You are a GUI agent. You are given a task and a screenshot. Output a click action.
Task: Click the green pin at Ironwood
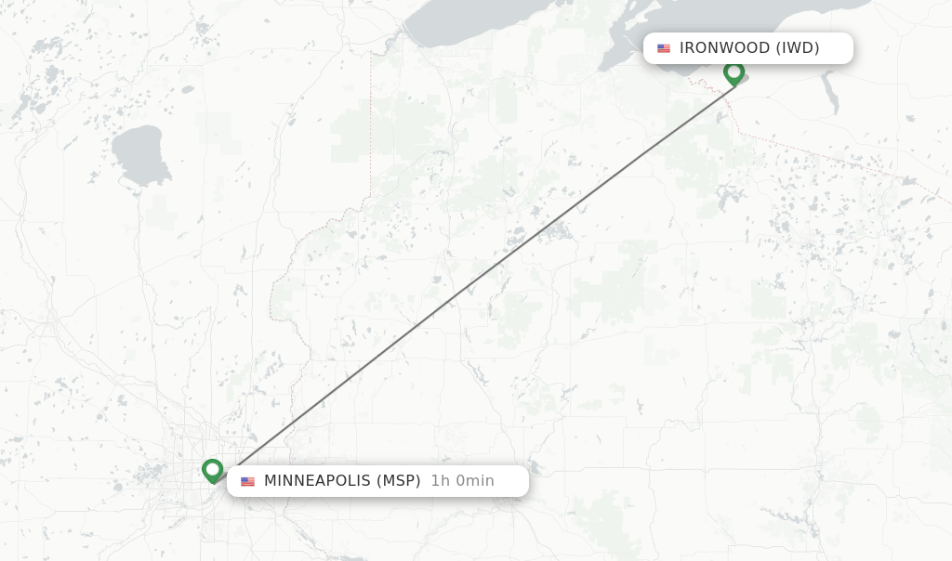[734, 72]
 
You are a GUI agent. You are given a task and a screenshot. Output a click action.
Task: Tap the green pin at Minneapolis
[213, 470]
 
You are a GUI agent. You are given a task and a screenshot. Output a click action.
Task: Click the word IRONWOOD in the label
[724, 48]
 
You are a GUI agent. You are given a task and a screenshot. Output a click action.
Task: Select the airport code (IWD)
[798, 48]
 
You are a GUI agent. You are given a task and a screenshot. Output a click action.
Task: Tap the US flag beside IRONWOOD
[664, 48]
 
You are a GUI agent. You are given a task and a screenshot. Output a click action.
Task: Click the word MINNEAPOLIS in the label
[317, 481]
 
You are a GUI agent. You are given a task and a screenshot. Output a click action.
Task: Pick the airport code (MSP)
[398, 481]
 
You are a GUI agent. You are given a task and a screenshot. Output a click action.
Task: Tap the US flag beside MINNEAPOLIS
[247, 481]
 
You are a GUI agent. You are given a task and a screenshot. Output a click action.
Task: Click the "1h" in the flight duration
[441, 481]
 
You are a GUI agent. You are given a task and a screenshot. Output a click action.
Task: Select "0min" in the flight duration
[474, 481]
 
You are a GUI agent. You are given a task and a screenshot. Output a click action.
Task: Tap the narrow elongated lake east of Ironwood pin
[828, 93]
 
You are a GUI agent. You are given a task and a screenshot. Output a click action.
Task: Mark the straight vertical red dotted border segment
[370, 121]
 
